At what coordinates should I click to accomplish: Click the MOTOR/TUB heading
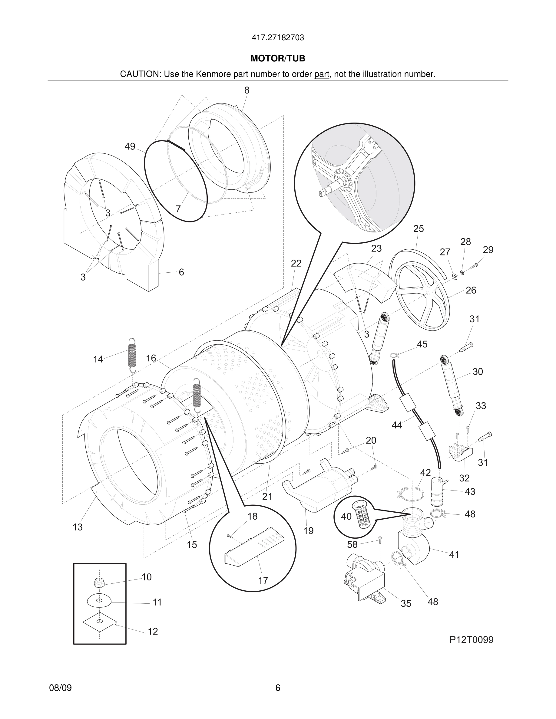[x=278, y=58]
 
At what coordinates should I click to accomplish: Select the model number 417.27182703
[x=278, y=38]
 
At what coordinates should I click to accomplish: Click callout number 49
[x=130, y=146]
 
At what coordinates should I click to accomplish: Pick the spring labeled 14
[x=132, y=356]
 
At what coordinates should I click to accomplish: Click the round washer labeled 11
[x=99, y=601]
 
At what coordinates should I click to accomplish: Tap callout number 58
[x=352, y=545]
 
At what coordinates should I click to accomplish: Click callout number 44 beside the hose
[x=397, y=425]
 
